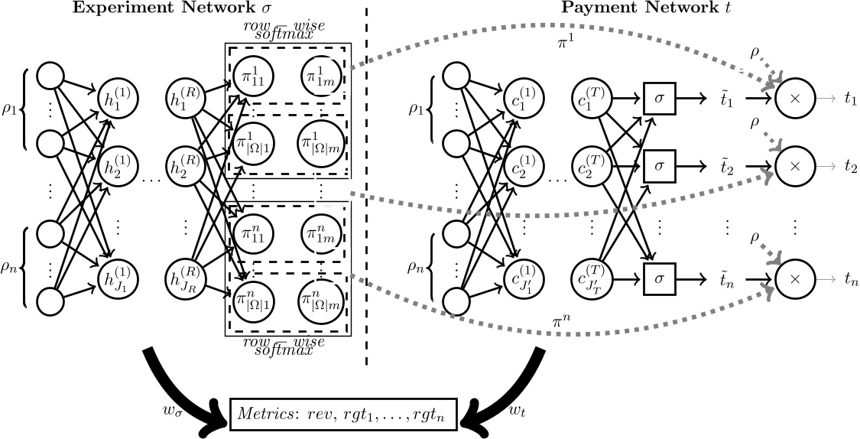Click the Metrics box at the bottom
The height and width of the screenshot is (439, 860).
pyautogui.click(x=343, y=414)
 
